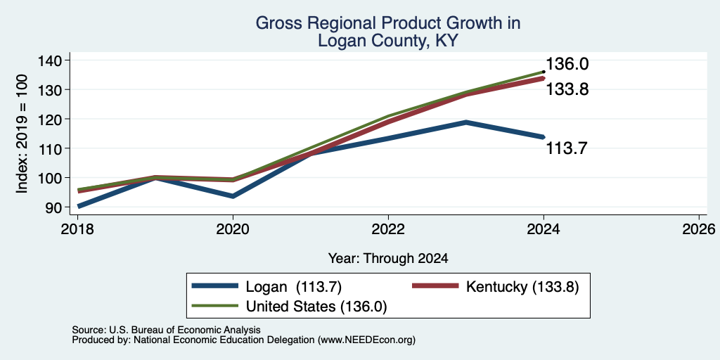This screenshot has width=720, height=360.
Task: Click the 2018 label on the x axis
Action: click(77, 229)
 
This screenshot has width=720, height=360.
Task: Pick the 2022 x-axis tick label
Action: click(388, 229)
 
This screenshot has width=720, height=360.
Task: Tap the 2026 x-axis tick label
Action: click(700, 229)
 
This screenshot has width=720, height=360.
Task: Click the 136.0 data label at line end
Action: click(567, 64)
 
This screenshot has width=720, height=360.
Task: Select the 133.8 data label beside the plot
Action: click(567, 89)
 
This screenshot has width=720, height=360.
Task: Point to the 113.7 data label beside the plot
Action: click(567, 149)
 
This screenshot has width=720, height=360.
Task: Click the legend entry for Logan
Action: click(266, 286)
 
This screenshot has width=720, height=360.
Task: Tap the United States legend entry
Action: click(289, 307)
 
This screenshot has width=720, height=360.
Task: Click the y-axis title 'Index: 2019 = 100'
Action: click(22, 134)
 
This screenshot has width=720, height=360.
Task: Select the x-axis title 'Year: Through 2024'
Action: click(388, 259)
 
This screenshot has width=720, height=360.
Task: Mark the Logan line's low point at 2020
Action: click(233, 196)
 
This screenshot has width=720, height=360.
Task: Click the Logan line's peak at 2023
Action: click(466, 122)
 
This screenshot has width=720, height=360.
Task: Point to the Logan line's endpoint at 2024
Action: click(544, 137)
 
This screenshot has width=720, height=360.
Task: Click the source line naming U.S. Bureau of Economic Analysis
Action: click(166, 330)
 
